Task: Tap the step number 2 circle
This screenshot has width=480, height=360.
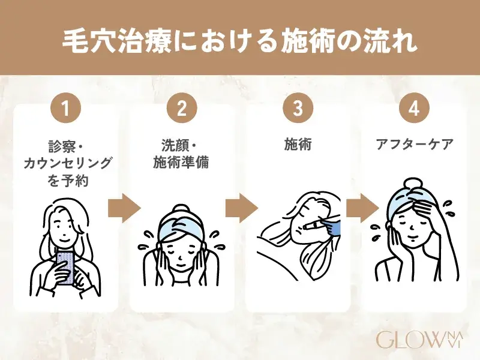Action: (x=182, y=110)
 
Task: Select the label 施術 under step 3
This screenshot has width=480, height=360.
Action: (x=298, y=145)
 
